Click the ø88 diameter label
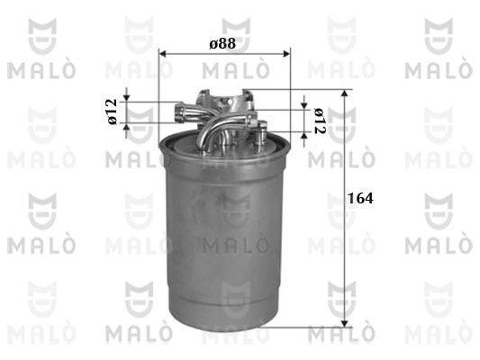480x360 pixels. coord(222,43)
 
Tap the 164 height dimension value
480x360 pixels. coord(361,198)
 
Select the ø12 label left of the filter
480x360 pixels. coord(113,112)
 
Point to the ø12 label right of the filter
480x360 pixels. coord(320,121)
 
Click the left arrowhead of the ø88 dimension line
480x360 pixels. coord(162,54)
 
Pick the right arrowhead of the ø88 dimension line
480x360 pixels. coord(286,54)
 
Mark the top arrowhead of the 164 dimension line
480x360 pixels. coord(345,93)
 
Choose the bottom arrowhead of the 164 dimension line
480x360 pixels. coord(345,324)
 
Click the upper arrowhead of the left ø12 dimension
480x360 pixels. coord(127,98)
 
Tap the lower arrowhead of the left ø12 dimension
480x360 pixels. coord(127,127)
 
